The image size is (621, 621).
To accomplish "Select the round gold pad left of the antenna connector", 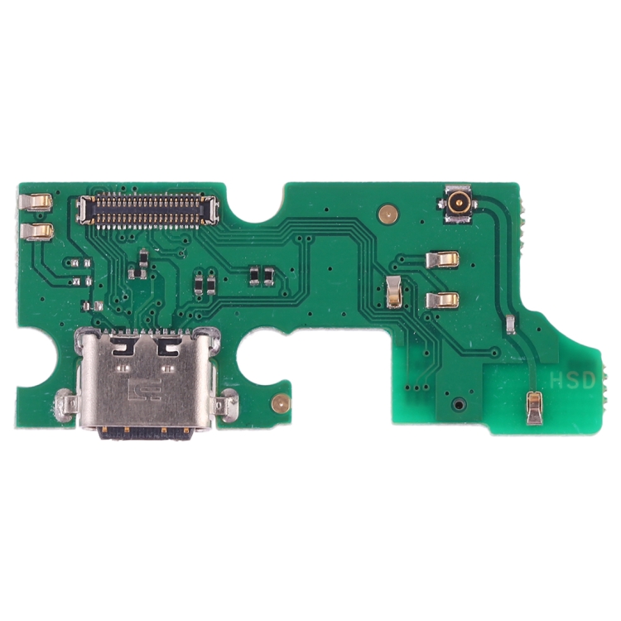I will click(385, 214).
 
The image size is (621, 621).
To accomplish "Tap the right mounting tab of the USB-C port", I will click(224, 406).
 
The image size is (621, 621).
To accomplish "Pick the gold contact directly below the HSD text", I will click(535, 407).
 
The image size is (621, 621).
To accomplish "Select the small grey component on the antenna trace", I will click(513, 324).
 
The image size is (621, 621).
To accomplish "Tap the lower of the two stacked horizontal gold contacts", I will click(442, 299).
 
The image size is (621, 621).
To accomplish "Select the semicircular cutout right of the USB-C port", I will click(255, 356).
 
